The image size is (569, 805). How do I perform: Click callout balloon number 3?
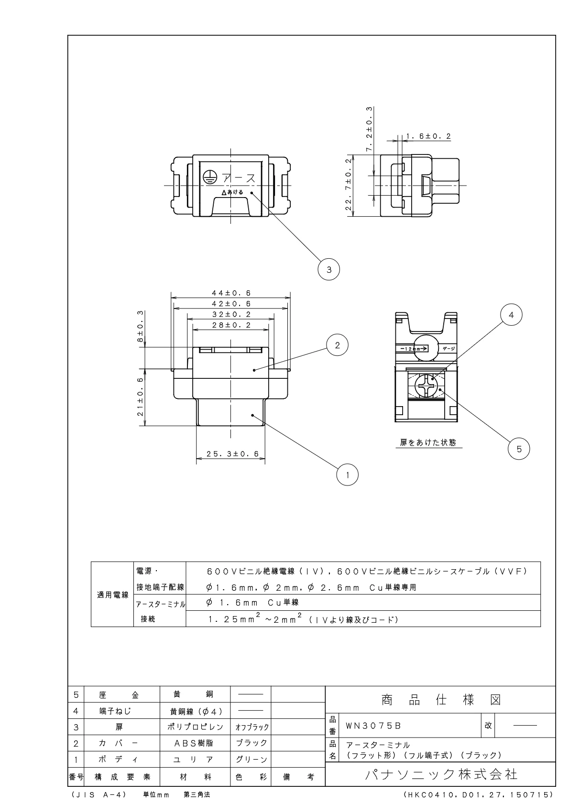(x=328, y=269)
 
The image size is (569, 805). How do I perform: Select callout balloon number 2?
(x=338, y=345)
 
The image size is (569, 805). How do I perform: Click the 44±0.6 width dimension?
(x=231, y=293)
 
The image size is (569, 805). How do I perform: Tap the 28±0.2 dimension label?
(x=231, y=325)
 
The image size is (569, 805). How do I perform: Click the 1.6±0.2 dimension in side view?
(x=428, y=136)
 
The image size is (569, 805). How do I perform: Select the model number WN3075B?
(x=373, y=726)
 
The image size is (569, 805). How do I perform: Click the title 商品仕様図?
(x=440, y=700)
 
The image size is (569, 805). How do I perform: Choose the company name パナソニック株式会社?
(x=440, y=774)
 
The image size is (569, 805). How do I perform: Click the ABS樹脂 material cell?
(x=194, y=743)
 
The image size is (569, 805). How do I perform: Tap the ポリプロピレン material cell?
(x=194, y=727)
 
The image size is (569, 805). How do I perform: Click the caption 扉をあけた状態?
(x=428, y=442)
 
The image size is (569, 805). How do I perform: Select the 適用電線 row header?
(x=113, y=595)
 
